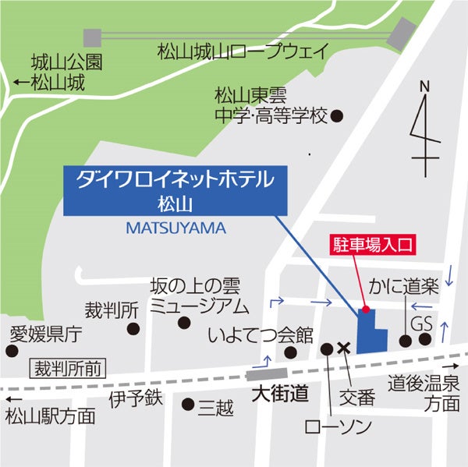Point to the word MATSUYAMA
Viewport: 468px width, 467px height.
click(175, 228)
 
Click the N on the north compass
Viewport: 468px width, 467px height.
click(424, 87)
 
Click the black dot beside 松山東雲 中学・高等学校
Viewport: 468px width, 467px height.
click(337, 117)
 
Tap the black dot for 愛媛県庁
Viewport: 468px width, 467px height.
click(12, 351)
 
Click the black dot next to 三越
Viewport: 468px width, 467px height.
click(187, 404)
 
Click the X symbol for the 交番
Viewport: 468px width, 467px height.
click(343, 348)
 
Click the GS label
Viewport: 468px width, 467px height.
click(421, 323)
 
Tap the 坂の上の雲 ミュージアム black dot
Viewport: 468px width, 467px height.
click(184, 322)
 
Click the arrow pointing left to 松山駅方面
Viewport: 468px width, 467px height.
click(10, 398)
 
